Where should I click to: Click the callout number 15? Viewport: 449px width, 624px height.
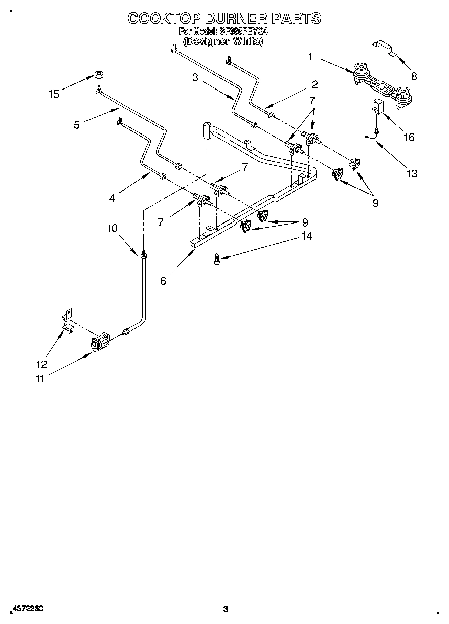coord(53,94)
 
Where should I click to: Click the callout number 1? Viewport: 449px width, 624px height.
coord(310,57)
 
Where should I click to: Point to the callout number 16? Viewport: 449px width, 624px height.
coord(408,137)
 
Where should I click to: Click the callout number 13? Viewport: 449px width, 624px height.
coord(412,173)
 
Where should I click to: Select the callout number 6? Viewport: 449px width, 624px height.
coord(163,281)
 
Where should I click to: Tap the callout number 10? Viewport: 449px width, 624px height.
coord(112,228)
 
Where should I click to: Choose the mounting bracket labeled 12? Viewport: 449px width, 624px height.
coord(65,324)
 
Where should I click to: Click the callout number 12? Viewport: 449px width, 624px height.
coord(41,364)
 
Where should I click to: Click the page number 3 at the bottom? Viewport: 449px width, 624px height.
coord(226,609)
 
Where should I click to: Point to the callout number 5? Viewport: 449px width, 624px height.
coord(76,125)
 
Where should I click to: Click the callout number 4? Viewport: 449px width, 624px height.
coord(112,198)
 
